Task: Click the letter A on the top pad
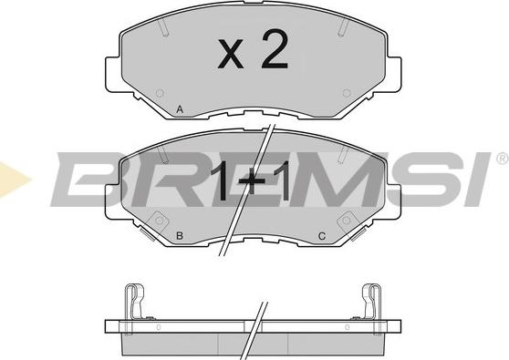pyautogui.click(x=180, y=109)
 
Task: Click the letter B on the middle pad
pyautogui.click(x=180, y=236)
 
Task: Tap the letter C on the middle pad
pyautogui.click(x=322, y=236)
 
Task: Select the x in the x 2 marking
pyautogui.click(x=231, y=54)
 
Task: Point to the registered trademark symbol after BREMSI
pyautogui.click(x=503, y=159)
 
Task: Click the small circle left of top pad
pyautogui.click(x=160, y=93)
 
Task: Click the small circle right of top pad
pyautogui.click(x=347, y=93)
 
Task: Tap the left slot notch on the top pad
pyautogui.click(x=163, y=28)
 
